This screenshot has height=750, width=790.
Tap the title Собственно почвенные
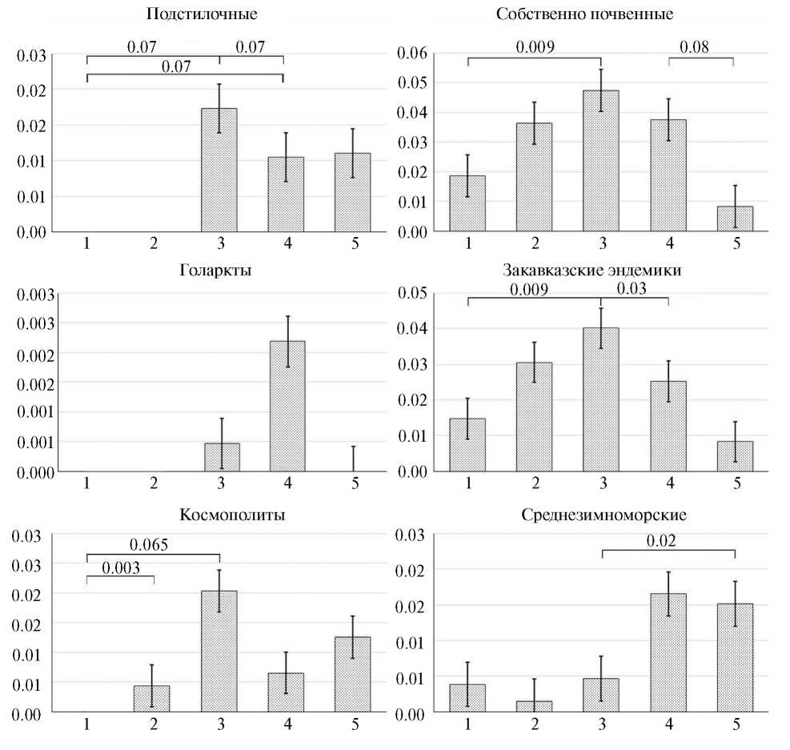(x=584, y=14)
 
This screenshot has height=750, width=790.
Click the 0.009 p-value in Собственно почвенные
(x=534, y=47)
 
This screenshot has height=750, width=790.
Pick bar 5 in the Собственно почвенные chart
(x=735, y=219)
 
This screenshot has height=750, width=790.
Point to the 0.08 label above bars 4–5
(x=695, y=47)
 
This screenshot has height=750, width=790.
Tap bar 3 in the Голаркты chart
(x=222, y=457)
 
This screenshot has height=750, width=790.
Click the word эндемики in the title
(x=645, y=270)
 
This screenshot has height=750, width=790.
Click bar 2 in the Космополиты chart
(x=151, y=698)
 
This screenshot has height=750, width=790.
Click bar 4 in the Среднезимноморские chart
(x=668, y=652)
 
